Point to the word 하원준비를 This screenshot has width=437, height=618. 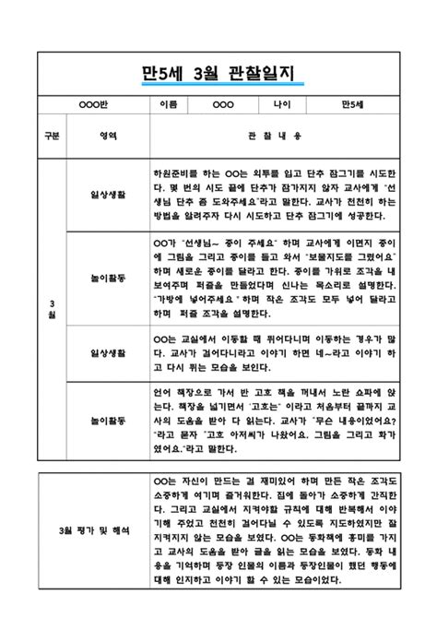[x=177, y=172]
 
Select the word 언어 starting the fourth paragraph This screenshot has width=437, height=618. [x=163, y=391]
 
